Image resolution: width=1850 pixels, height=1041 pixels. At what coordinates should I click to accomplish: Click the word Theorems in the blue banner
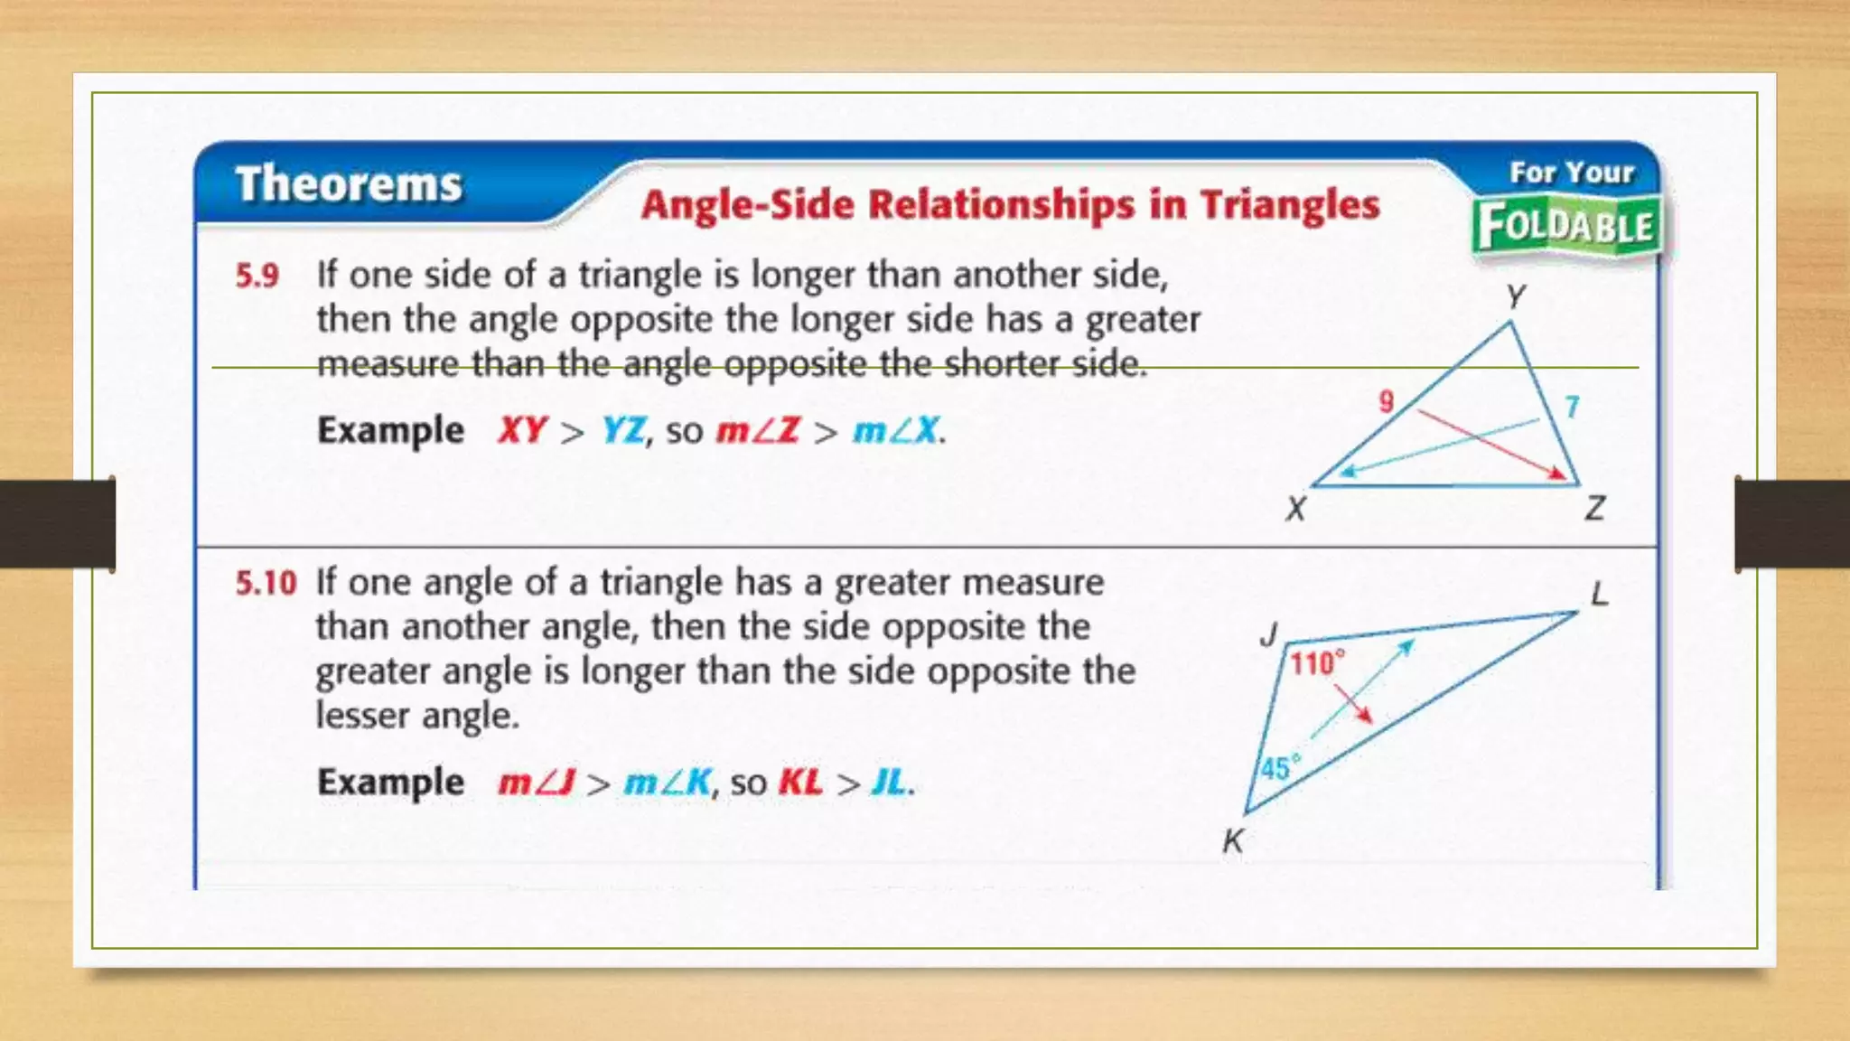click(349, 184)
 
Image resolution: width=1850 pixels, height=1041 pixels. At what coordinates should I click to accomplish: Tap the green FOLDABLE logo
click(1566, 226)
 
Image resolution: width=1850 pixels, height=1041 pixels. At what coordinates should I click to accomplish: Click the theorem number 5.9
click(257, 276)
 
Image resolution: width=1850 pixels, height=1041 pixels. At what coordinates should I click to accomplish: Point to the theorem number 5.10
click(266, 583)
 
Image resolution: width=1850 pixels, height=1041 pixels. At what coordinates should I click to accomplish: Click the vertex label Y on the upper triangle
click(1516, 296)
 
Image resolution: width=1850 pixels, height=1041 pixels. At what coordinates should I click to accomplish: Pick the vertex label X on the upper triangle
click(1296, 509)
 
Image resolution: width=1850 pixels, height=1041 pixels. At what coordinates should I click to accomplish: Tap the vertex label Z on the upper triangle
click(1594, 509)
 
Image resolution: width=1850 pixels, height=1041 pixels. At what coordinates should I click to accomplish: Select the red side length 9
click(1387, 401)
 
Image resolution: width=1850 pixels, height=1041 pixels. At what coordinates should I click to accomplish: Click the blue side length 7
click(1573, 407)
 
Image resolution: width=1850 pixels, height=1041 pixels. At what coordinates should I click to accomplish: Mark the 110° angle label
click(1316, 664)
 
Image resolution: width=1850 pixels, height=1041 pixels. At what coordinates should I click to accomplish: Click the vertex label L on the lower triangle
click(1600, 594)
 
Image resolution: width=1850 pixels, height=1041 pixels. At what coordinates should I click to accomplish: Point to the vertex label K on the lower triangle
click(1233, 841)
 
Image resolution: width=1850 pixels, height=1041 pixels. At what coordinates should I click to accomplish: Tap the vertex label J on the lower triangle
click(1270, 634)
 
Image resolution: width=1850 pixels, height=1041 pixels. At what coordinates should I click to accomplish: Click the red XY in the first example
click(522, 430)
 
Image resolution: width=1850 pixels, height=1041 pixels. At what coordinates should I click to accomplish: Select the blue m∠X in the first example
click(896, 430)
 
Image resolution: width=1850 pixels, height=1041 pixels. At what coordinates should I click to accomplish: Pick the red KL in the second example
click(800, 783)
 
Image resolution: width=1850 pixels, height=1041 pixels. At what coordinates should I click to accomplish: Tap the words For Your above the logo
click(1572, 173)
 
